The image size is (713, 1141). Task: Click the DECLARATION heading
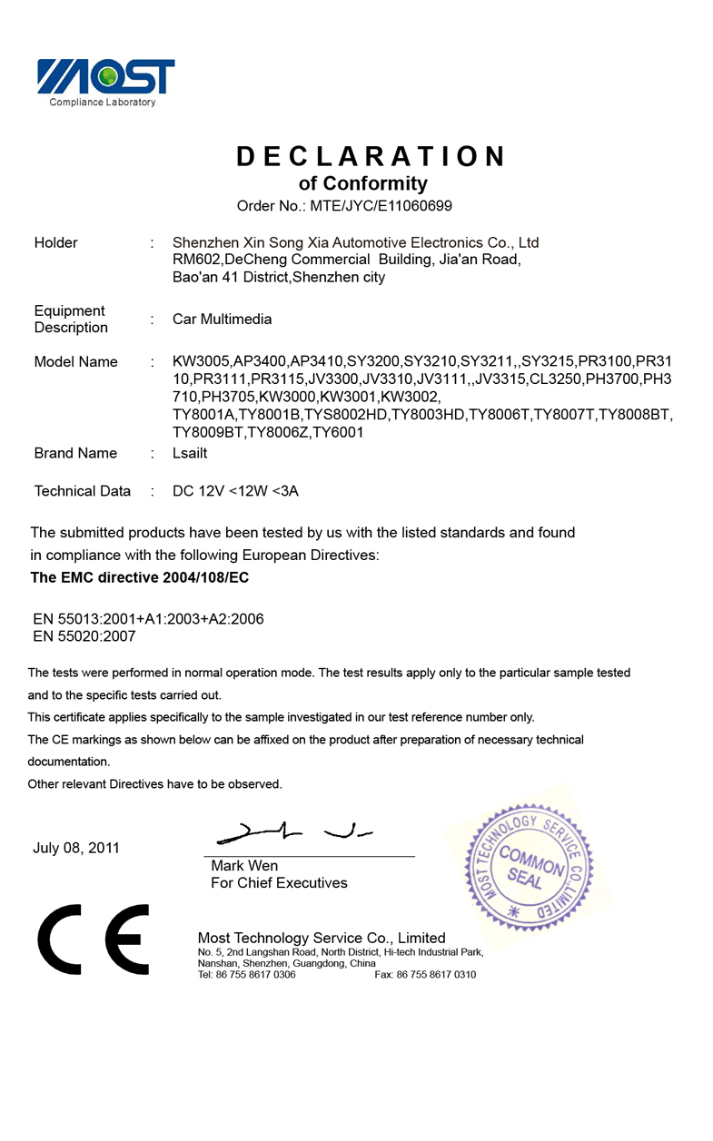click(371, 156)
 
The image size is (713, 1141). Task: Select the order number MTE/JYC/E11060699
click(381, 206)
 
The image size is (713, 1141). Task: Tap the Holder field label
click(55, 242)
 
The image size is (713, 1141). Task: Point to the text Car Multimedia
click(222, 320)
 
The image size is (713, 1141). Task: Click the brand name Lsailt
click(190, 453)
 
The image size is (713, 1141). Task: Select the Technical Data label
click(82, 491)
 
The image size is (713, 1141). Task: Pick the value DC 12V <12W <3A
click(235, 491)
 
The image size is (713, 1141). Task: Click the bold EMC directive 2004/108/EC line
click(140, 577)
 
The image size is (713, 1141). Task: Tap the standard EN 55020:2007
click(84, 636)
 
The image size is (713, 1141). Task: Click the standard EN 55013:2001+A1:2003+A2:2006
click(148, 619)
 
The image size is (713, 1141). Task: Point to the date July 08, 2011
click(76, 848)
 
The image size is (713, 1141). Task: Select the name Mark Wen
click(244, 866)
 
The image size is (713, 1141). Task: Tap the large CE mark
click(94, 939)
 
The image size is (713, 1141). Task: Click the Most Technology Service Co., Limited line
click(322, 938)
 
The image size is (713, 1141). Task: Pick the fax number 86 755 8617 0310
click(435, 975)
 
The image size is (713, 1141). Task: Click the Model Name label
click(75, 362)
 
